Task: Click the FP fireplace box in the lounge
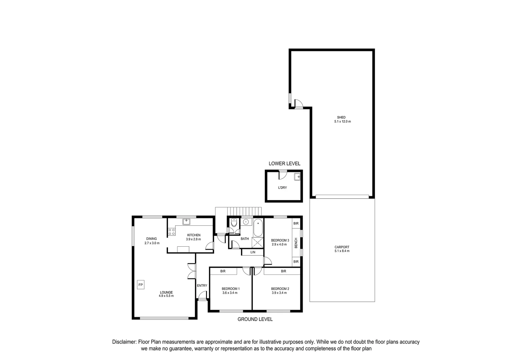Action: [x=141, y=285]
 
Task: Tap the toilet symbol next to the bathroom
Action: [x=234, y=222]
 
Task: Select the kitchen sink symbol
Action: [x=186, y=221]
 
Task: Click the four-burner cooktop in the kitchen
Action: [x=172, y=232]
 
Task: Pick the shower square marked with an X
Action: [x=257, y=242]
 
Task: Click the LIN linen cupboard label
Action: [x=253, y=252]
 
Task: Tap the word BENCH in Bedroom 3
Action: [x=296, y=245]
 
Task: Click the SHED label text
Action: [x=341, y=117]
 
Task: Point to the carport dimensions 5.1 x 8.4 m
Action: [x=342, y=251]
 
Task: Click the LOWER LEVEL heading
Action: [x=284, y=164]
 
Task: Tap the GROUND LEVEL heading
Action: [x=255, y=319]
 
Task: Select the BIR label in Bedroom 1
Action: [x=223, y=271]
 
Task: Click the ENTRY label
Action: [x=202, y=286]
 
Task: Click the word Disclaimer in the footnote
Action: [x=124, y=342]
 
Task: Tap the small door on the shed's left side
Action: [x=299, y=104]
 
